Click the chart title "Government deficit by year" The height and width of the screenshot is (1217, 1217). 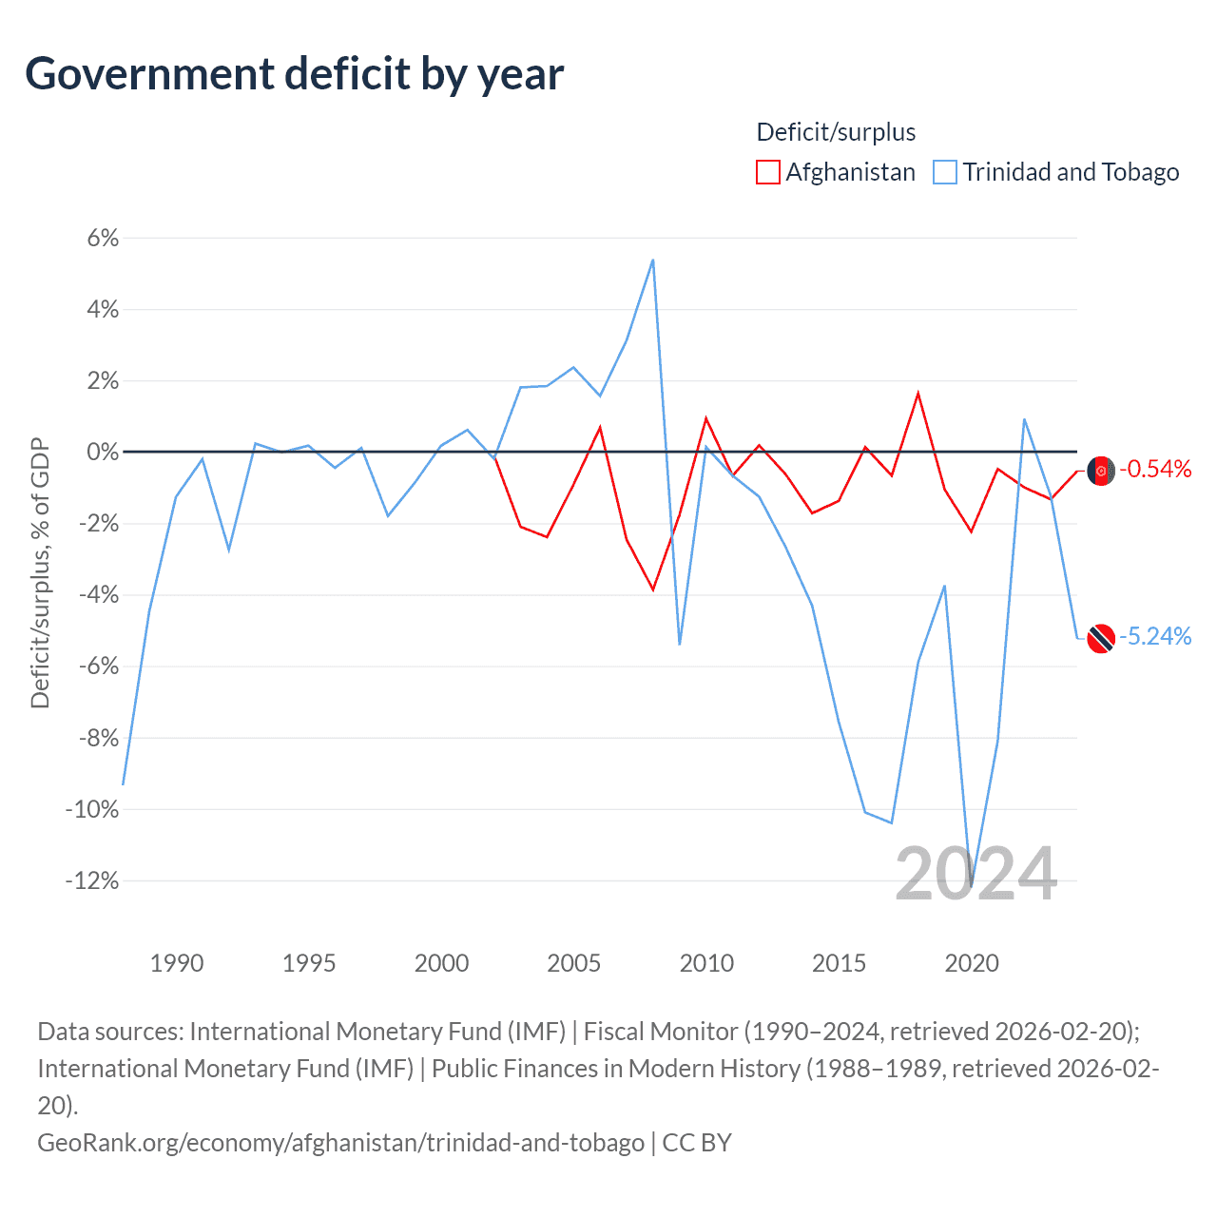295,74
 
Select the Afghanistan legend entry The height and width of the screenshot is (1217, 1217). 836,172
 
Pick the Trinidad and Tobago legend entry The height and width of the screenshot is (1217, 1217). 1056,172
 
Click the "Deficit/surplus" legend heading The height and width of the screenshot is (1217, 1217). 836,132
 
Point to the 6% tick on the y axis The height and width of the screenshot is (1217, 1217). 103,238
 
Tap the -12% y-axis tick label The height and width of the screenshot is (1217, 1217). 92,880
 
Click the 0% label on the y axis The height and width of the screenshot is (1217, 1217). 103,452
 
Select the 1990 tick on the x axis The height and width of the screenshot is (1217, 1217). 177,963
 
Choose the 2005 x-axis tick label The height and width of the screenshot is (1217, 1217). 573,963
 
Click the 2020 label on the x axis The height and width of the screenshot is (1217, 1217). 971,963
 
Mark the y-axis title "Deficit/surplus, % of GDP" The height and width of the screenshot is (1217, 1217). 40,573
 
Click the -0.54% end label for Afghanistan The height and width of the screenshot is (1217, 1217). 1155,469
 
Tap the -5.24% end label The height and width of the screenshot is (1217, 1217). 1155,636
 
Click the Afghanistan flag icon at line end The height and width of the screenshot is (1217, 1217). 1101,471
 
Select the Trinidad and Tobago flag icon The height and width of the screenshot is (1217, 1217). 1101,638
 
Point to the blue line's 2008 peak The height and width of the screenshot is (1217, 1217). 652,260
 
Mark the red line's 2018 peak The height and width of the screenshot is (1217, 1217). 918,393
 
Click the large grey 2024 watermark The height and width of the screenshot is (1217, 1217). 976,874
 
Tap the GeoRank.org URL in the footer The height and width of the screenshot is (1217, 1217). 340,1142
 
